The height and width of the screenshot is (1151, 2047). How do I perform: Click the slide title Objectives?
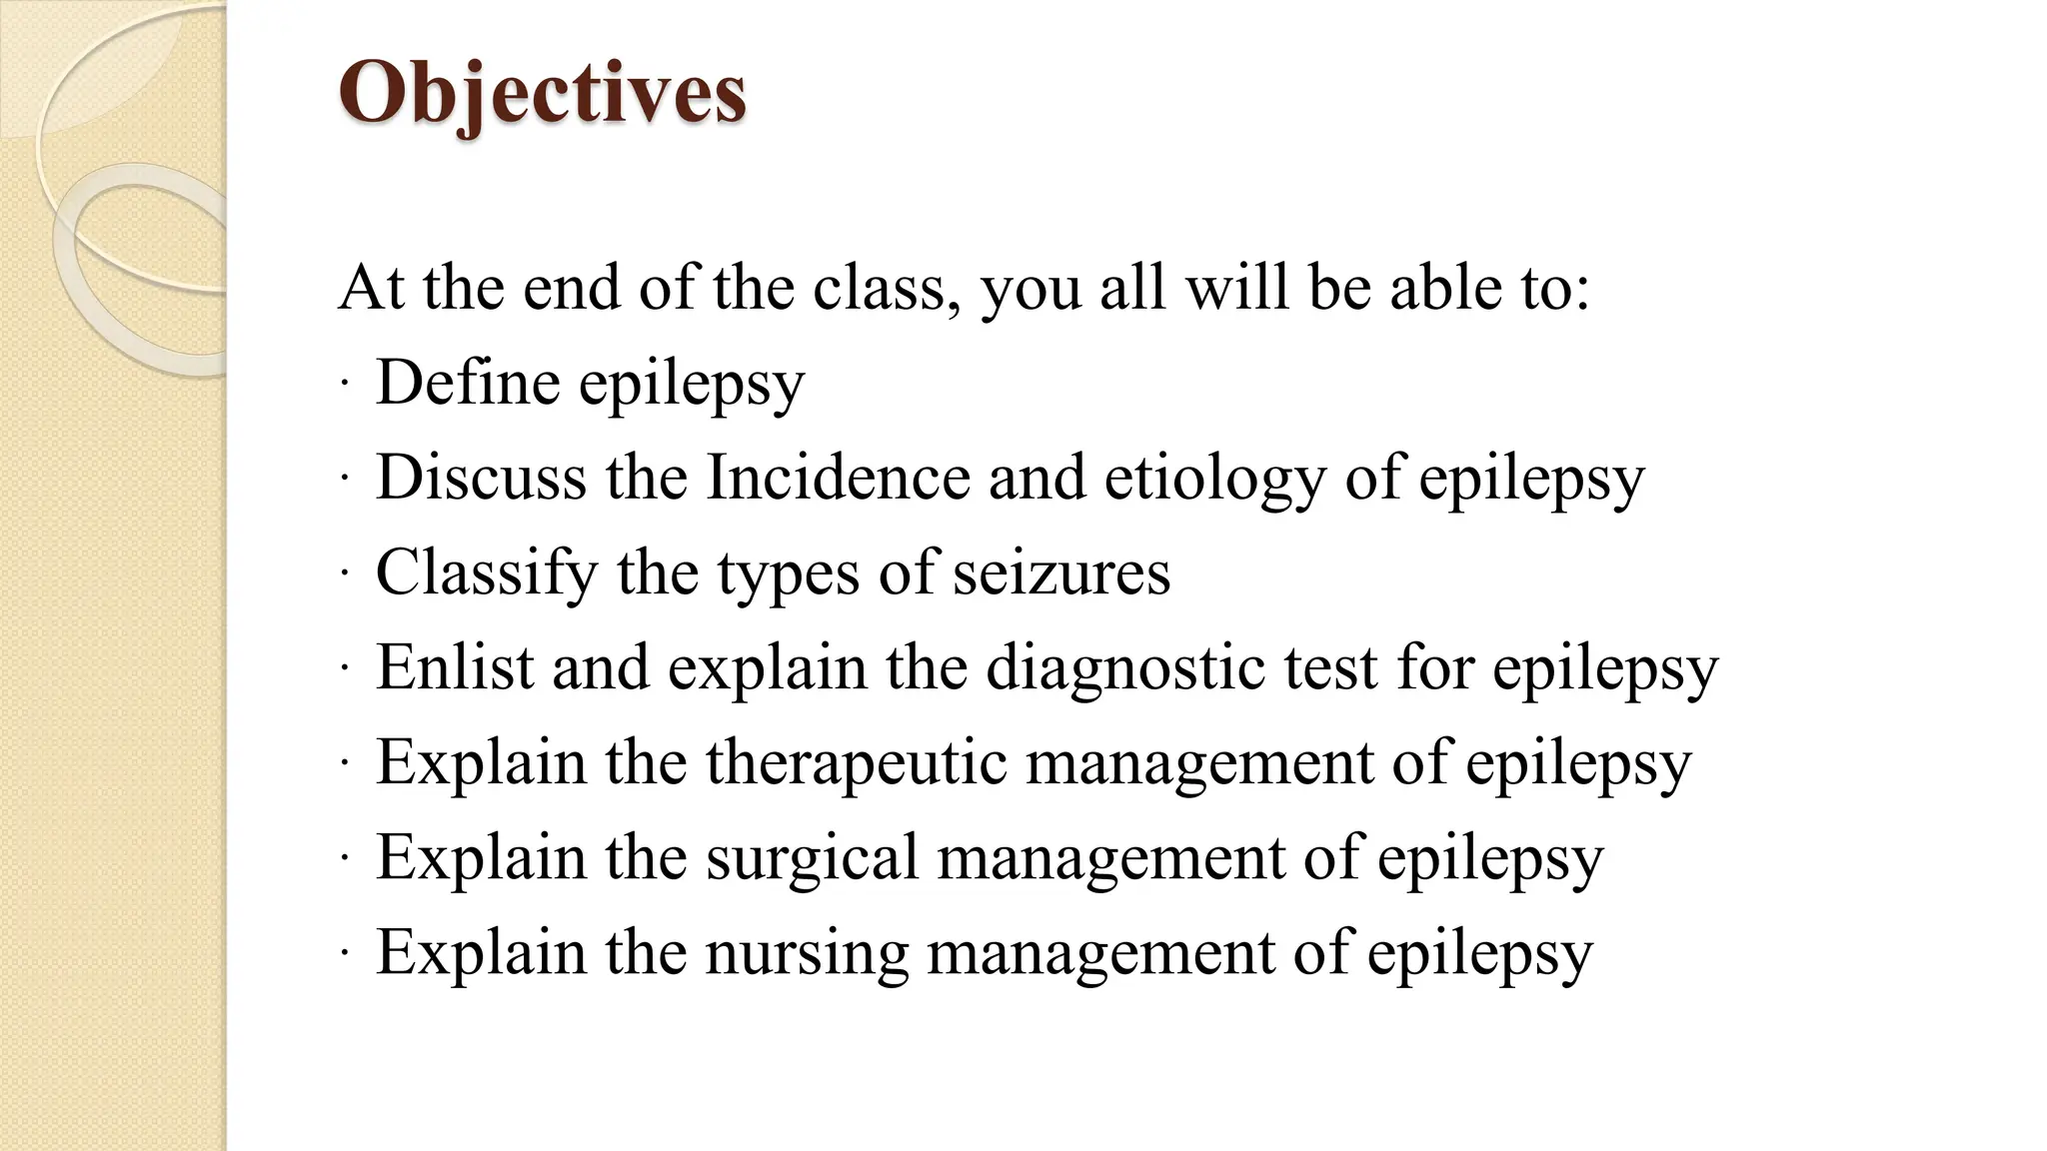pyautogui.click(x=543, y=93)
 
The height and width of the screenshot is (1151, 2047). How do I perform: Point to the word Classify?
pyautogui.click(x=486, y=574)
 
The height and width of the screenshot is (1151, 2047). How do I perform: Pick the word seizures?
pyautogui.click(x=1060, y=574)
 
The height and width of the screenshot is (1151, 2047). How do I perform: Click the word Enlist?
pyautogui.click(x=455, y=666)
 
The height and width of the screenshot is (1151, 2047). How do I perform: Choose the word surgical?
pyautogui.click(x=812, y=858)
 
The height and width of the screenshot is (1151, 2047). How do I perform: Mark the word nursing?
pyautogui.click(x=807, y=953)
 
